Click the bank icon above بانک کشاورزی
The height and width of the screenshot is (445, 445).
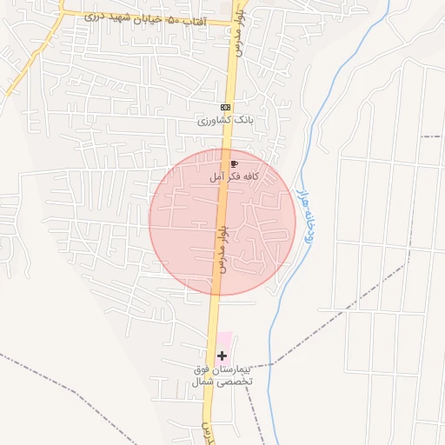[226, 107]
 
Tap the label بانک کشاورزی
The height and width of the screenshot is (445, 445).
[226, 121]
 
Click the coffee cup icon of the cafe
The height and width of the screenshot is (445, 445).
[233, 163]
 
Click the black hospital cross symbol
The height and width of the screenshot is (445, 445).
[222, 355]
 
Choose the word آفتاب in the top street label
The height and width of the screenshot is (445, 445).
[196, 19]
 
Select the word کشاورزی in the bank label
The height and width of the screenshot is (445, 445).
[216, 121]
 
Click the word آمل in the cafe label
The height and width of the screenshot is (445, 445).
[215, 176]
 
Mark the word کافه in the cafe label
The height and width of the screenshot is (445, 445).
[252, 176]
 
